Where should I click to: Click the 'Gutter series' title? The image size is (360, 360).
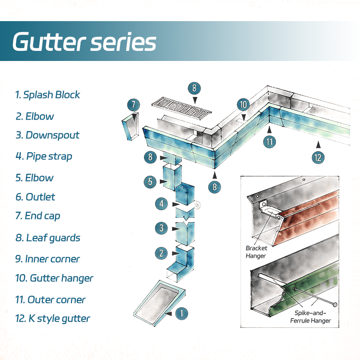(x=84, y=42)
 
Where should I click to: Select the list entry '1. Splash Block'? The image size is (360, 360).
(x=48, y=95)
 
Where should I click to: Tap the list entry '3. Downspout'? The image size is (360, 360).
(x=47, y=135)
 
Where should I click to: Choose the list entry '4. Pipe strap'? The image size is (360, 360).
(x=44, y=156)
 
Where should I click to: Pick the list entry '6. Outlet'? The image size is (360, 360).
(x=35, y=197)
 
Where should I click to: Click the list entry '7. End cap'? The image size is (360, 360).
(x=38, y=216)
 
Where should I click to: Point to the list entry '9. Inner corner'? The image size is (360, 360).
(x=47, y=259)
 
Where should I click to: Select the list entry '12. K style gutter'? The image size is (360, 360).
(x=52, y=318)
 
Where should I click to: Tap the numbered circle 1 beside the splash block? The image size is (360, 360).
(x=181, y=313)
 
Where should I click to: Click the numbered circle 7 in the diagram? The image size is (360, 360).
(x=134, y=105)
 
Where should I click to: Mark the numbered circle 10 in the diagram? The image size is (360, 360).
(x=243, y=105)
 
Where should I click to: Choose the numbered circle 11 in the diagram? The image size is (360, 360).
(x=269, y=141)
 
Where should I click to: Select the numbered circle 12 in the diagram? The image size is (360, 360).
(x=317, y=156)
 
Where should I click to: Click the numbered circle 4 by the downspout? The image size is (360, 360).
(x=162, y=204)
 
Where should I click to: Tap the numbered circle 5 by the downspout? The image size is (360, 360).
(x=150, y=182)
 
